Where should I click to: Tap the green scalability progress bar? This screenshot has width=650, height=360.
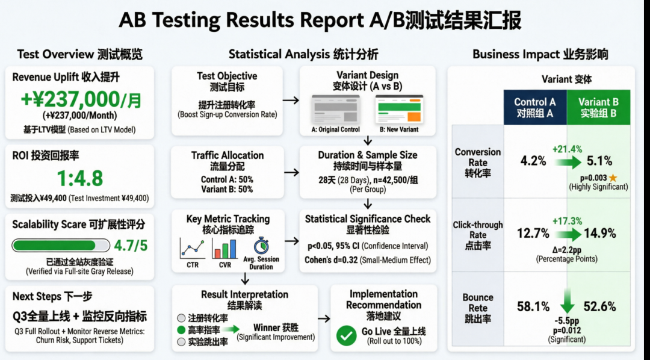pyautogui.click(x=61, y=245)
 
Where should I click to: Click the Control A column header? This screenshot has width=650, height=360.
pyautogui.click(x=535, y=107)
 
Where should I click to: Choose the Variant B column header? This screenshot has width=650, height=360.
pyautogui.click(x=598, y=107)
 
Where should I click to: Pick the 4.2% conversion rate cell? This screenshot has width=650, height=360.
pyautogui.click(x=533, y=161)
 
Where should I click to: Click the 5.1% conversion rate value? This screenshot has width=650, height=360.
pyautogui.click(x=599, y=161)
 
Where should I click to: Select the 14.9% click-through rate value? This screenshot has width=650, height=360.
pyautogui.click(x=599, y=233)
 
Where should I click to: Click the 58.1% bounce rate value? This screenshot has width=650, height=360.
pyautogui.click(x=533, y=306)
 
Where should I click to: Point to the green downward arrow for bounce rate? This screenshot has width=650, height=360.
pyautogui.click(x=566, y=300)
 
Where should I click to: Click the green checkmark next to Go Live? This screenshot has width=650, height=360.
pyautogui.click(x=346, y=335)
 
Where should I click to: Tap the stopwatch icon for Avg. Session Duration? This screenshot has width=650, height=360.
pyautogui.click(x=261, y=247)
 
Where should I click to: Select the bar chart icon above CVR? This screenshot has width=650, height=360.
pyautogui.click(x=225, y=248)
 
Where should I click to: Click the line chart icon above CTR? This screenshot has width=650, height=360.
pyautogui.click(x=192, y=248)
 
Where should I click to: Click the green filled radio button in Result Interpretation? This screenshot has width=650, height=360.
pyautogui.click(x=181, y=330)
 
